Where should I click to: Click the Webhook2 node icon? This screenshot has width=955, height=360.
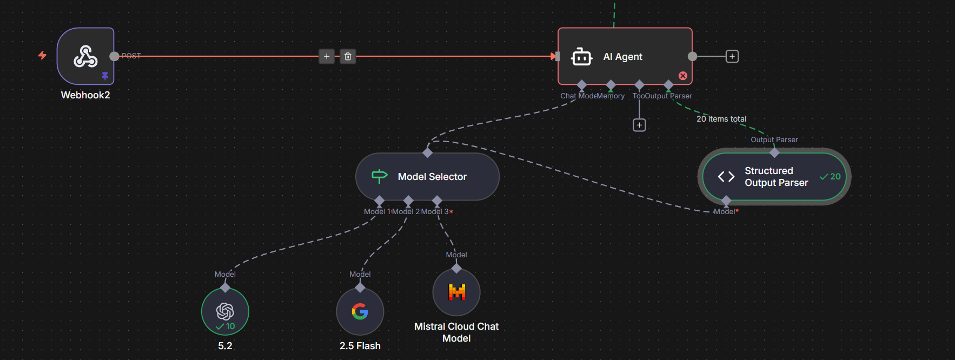point(85,56)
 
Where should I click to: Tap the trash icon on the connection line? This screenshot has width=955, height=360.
point(348,56)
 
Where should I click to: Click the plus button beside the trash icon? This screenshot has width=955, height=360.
point(327,56)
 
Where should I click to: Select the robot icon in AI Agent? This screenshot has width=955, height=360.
point(581,57)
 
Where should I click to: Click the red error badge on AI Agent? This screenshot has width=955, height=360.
point(683,76)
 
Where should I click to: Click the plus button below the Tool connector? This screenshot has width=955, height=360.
point(639,125)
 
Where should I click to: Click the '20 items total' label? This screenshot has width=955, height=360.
point(721,119)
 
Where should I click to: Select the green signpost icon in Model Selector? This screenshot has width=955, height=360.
point(380,176)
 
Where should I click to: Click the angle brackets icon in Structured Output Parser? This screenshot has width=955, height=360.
point(726,177)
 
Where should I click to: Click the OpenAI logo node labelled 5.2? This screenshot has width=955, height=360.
point(225,311)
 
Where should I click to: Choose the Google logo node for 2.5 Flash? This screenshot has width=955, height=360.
point(360,311)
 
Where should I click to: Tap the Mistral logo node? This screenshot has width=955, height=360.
point(456,292)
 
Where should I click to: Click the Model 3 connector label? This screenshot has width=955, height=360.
point(435,212)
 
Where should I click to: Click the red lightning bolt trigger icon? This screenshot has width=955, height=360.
point(42,55)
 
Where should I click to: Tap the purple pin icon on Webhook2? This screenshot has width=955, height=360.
point(105,76)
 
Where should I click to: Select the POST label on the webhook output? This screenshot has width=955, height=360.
point(131,56)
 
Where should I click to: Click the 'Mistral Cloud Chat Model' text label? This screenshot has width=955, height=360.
point(456,332)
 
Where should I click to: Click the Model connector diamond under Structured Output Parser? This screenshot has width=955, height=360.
point(726,201)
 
